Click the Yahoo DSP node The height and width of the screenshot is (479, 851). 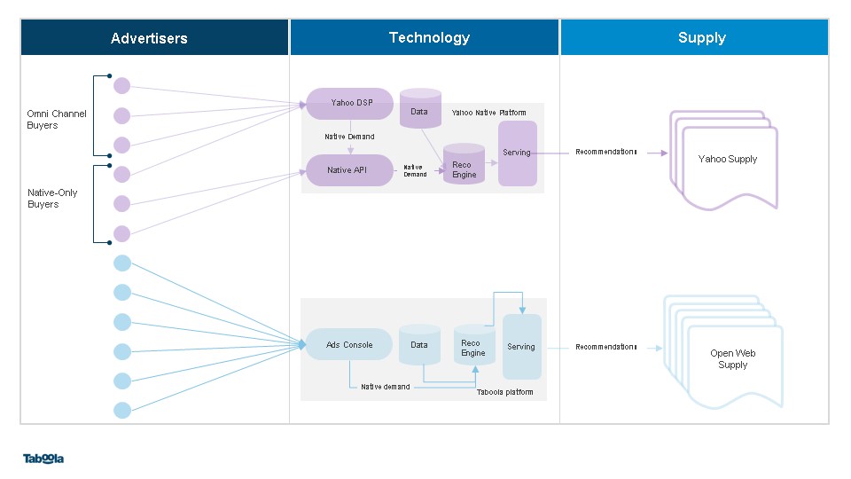pos(349,103)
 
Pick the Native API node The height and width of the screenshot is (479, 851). pos(349,170)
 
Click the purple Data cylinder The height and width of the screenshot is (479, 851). pos(420,108)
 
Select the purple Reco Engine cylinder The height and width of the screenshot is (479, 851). pos(464,163)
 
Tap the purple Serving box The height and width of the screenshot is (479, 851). pos(517,153)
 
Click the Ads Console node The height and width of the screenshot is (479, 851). pos(349,344)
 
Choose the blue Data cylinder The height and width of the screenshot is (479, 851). pos(419,345)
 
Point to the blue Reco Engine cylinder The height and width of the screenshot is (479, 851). pos(474,345)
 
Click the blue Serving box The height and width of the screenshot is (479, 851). pos(521,347)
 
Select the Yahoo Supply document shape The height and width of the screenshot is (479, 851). pos(724,161)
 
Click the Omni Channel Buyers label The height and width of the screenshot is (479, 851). pos(57,120)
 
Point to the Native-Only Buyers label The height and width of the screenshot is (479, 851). pos(52,198)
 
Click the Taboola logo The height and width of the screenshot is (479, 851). pos(43,459)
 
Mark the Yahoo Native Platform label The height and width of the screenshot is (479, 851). pos(488,113)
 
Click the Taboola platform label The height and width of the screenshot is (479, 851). pos(504,392)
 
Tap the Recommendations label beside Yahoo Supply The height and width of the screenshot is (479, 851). pos(605,152)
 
